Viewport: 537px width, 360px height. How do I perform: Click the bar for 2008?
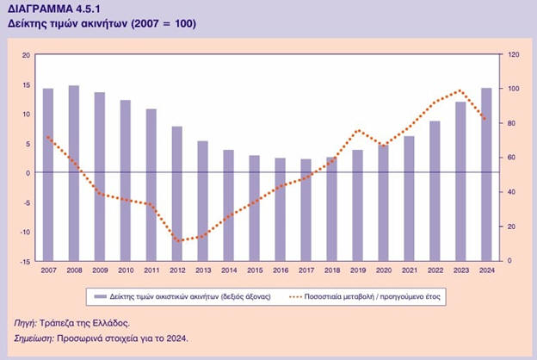point(74,172)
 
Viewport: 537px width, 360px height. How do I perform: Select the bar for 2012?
point(177,193)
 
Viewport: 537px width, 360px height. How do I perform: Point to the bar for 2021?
point(409,198)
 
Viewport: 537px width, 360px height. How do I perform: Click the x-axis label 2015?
point(254,270)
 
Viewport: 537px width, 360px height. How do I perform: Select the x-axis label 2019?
point(357,270)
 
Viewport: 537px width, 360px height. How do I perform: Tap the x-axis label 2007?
point(48,270)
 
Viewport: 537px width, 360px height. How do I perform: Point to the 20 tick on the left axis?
point(27,55)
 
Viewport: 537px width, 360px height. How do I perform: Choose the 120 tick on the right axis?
point(513,55)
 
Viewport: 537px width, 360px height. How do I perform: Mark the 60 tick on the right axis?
point(511,158)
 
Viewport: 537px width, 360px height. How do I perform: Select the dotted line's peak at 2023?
point(460,90)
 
